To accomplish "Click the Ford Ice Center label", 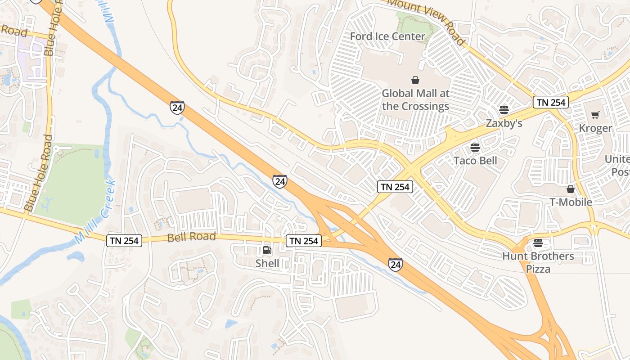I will (387, 36).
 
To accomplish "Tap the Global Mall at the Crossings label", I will (415, 100).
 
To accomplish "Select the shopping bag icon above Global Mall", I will (415, 80).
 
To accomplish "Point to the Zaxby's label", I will (504, 123).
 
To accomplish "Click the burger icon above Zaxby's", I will (504, 109).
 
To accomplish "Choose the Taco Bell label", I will (475, 161).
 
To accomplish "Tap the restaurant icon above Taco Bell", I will (475, 147).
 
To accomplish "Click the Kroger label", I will (595, 128).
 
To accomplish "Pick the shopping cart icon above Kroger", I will (595, 115).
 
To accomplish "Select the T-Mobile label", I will (571, 202).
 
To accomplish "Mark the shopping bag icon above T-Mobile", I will (571, 189).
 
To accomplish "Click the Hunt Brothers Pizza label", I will (538, 262).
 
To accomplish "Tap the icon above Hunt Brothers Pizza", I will (538, 243).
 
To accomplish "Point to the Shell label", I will (267, 263).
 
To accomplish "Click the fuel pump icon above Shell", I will (267, 250).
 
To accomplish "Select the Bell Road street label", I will (192, 237).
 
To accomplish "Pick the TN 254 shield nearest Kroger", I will (551, 102).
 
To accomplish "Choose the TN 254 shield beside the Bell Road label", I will (125, 241).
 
